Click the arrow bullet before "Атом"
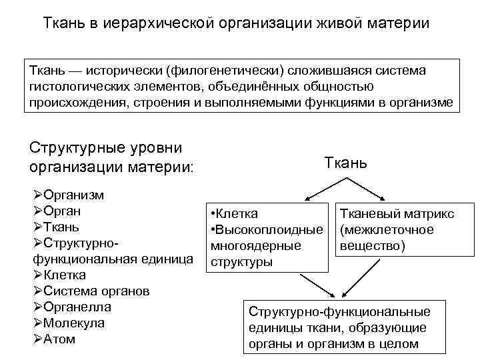pos(37,339)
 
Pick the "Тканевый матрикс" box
pos(397,230)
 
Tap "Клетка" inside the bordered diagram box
pos(237,214)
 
